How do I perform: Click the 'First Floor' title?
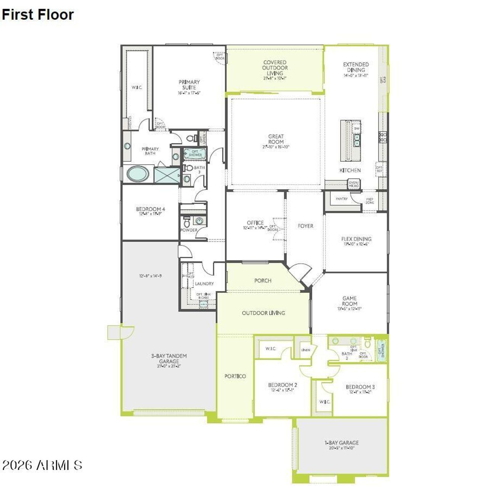(x=37, y=14)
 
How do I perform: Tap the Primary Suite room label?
(x=189, y=85)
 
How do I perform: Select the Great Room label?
(x=276, y=139)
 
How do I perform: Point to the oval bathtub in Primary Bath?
(x=138, y=174)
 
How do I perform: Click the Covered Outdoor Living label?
(x=275, y=68)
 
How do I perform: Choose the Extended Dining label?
(x=356, y=68)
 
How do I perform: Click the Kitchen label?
(x=350, y=170)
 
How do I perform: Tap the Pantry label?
(x=341, y=199)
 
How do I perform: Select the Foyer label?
(x=305, y=226)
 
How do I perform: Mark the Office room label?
(x=255, y=223)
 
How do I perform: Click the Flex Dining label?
(x=356, y=239)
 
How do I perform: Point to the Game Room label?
(x=350, y=301)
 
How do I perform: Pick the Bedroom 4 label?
(x=150, y=209)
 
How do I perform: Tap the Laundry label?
(x=204, y=284)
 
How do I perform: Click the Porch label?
(x=263, y=281)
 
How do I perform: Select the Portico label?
(x=235, y=376)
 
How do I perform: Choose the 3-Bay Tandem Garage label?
(x=169, y=358)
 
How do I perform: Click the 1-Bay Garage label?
(x=342, y=443)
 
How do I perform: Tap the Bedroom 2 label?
(x=283, y=385)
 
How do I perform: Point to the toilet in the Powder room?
(x=187, y=222)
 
